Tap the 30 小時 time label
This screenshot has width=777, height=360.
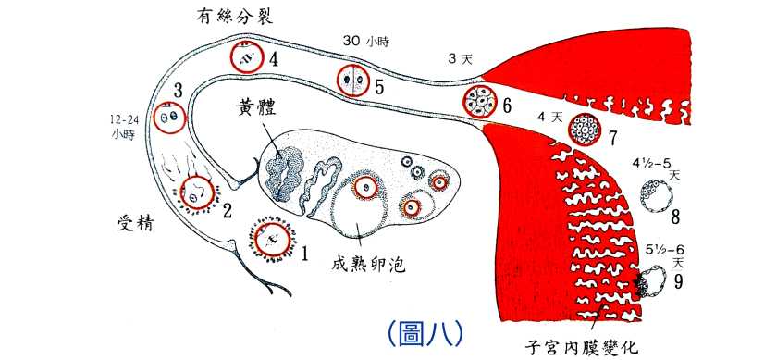click(x=364, y=41)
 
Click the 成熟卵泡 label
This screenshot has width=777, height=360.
click(x=369, y=267)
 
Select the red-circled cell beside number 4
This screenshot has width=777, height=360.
click(x=247, y=59)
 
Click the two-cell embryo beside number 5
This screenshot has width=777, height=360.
click(x=352, y=81)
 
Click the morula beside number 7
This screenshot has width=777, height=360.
click(x=585, y=130)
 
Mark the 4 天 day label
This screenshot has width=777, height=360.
click(x=549, y=118)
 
